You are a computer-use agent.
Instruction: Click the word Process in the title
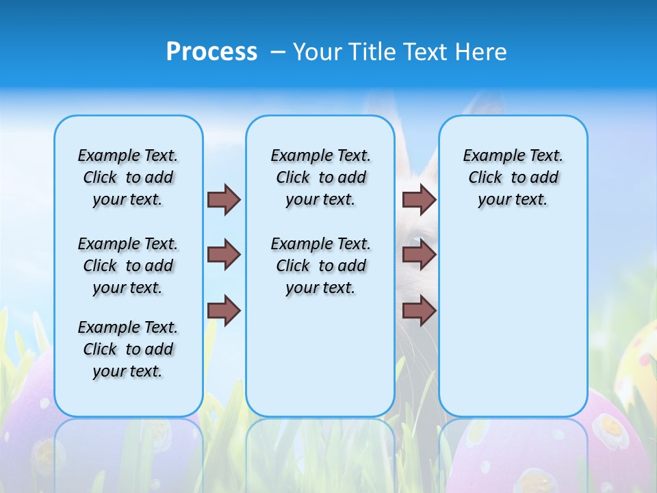coord(211,51)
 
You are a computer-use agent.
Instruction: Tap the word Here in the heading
coord(480,51)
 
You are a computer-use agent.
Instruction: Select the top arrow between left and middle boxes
coord(224,199)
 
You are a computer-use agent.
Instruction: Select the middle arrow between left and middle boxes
coord(224,255)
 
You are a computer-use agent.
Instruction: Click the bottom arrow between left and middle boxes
coord(224,310)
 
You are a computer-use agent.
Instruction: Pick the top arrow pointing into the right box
coord(419,199)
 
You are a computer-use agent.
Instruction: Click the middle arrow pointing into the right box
coord(419,255)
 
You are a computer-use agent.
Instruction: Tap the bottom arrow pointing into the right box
coord(419,310)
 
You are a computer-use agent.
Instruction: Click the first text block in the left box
coord(128,177)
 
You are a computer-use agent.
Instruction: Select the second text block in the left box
coord(128,266)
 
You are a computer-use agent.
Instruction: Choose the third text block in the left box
coord(128,349)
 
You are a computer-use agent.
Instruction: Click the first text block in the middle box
coord(320,177)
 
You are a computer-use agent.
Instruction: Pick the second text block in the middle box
coord(320,266)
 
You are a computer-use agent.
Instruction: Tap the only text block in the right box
coord(513,177)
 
